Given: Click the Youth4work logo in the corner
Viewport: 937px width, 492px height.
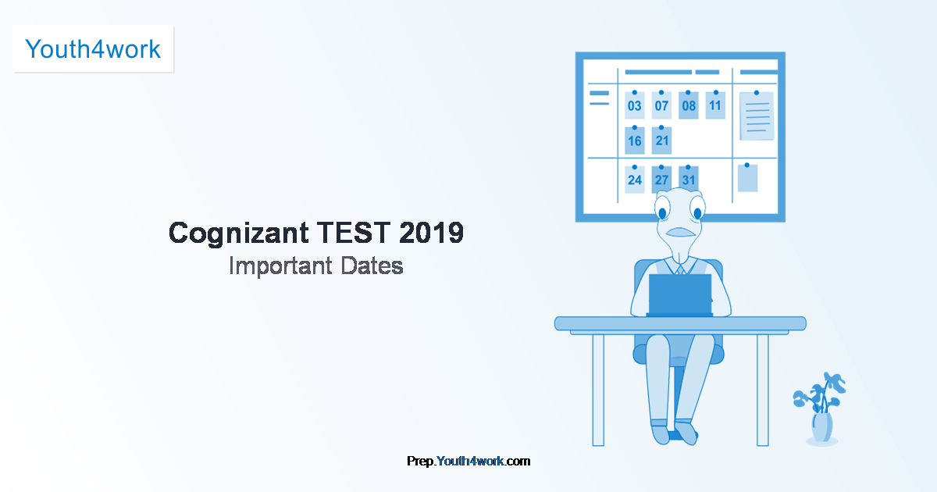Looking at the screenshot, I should point(93,49).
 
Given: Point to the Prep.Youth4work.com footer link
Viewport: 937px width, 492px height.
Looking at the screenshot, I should point(468,461).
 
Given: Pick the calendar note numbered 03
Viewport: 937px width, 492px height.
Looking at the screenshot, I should point(635,105).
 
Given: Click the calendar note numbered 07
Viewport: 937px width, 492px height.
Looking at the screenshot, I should point(661,105).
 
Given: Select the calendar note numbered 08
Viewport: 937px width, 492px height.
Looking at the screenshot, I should point(689,105).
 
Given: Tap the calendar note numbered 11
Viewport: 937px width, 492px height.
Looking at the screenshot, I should point(715,105).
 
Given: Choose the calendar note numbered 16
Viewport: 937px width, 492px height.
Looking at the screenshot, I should point(635,141).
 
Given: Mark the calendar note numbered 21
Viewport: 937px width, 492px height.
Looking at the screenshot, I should point(662,141).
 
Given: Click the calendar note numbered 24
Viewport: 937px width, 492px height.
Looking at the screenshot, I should point(635,180).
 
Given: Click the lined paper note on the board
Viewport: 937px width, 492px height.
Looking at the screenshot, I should point(757,116).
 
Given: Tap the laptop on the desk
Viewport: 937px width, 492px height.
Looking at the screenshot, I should point(680,294).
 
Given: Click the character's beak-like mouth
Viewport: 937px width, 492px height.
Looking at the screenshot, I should point(680,232).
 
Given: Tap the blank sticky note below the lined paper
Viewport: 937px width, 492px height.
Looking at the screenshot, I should point(747,178).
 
